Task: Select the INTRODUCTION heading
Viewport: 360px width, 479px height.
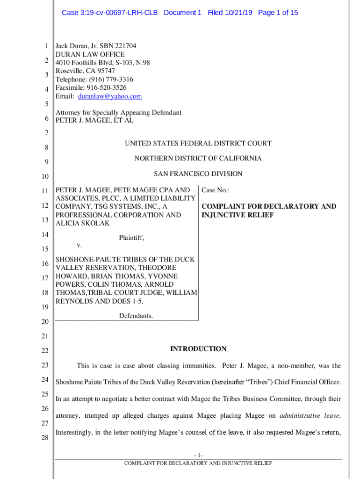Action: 198,349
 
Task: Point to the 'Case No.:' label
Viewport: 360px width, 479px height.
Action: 216,190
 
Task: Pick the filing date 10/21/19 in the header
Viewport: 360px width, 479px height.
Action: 237,13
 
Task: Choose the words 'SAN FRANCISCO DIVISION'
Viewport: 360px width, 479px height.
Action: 198,174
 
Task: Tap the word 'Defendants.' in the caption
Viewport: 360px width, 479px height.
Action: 136,316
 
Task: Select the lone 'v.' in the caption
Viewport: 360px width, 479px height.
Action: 79,245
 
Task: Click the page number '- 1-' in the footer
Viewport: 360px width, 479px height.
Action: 198,456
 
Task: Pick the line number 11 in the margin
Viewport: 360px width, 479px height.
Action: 45,191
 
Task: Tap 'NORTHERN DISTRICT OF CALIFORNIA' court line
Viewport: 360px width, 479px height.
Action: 198,159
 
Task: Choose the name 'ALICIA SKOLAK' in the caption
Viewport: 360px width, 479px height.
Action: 83,224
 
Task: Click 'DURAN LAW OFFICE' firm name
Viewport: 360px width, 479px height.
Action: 90,55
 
